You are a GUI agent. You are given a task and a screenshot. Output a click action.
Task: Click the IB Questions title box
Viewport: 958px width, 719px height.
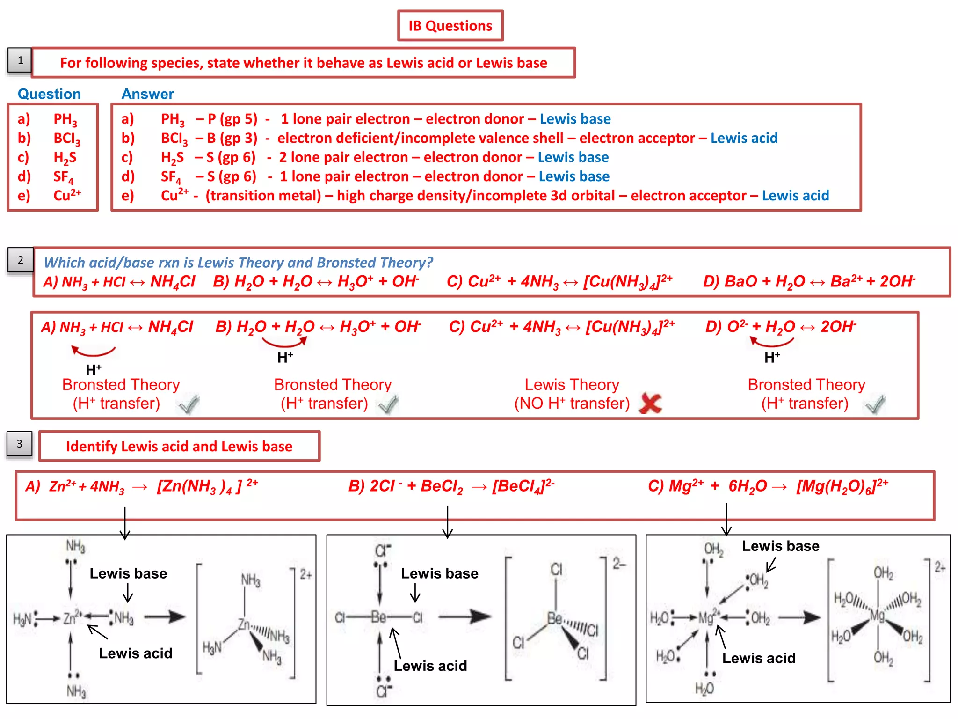(x=450, y=26)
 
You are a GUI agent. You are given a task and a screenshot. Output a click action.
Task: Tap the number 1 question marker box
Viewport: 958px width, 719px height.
(x=20, y=60)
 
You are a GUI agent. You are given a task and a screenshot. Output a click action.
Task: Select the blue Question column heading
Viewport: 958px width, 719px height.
(x=49, y=94)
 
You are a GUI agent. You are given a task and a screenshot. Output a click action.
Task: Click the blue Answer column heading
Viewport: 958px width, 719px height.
(x=147, y=94)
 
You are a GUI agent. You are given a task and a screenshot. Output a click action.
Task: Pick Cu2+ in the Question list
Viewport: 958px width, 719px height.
(x=67, y=195)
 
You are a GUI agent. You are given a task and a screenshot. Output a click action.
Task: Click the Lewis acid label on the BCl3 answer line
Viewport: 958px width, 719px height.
(x=744, y=138)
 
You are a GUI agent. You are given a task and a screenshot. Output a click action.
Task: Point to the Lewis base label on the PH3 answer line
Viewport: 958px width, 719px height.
(x=575, y=119)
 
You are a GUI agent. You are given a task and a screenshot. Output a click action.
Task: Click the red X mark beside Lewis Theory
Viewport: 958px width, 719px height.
(x=650, y=403)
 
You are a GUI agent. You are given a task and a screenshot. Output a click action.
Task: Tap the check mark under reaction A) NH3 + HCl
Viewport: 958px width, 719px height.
(x=189, y=404)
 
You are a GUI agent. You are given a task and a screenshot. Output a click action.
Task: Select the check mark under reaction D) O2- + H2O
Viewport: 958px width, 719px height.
(x=875, y=404)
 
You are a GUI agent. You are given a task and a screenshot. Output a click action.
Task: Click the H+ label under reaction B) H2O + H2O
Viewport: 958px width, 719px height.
(x=285, y=358)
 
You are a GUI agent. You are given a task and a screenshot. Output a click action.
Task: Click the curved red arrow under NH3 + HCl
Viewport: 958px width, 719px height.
(x=94, y=350)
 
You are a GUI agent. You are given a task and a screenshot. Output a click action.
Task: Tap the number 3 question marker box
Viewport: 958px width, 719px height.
(x=20, y=444)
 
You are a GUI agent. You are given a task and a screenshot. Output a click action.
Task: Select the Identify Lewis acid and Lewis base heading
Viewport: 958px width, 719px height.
(x=179, y=446)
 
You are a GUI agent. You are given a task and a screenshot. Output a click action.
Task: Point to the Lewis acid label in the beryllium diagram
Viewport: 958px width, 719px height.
(x=430, y=666)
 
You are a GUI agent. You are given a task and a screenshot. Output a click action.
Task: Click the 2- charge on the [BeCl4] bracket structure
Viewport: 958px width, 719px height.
(x=619, y=564)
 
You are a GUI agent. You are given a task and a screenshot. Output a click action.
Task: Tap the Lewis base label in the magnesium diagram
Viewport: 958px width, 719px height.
(x=780, y=546)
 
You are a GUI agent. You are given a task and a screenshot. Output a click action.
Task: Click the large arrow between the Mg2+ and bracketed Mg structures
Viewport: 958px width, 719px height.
(x=799, y=617)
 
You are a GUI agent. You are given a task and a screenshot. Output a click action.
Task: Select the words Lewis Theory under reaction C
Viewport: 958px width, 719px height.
(x=572, y=384)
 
